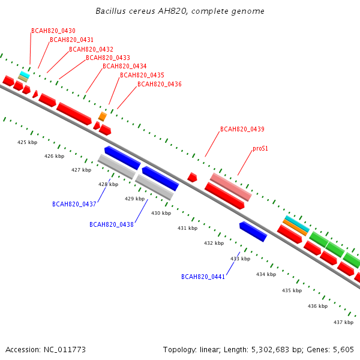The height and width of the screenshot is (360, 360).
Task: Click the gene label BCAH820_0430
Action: pyautogui.click(x=53, y=31)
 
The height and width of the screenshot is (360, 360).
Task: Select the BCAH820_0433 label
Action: pyautogui.click(x=108, y=58)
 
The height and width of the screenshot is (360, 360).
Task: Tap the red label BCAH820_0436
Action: pyautogui.click(x=160, y=84)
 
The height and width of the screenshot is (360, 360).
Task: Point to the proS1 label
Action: pyautogui.click(x=260, y=149)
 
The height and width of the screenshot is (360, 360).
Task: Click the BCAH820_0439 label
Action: pyautogui.click(x=242, y=129)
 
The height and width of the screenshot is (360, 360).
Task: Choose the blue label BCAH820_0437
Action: pyautogui.click(x=74, y=204)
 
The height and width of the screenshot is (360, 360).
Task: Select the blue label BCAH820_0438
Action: pyautogui.click(x=112, y=224)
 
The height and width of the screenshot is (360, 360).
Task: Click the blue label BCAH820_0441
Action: pyautogui.click(x=203, y=277)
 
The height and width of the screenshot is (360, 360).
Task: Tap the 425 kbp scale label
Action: pyautogui.click(x=28, y=142)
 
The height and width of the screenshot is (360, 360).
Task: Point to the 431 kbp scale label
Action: pyautogui.click(x=187, y=228)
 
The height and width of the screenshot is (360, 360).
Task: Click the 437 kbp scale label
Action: pyautogui.click(x=343, y=322)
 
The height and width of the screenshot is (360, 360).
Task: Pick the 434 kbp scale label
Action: pyautogui.click(x=266, y=274)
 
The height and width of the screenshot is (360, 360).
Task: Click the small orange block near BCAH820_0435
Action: pyautogui.click(x=103, y=116)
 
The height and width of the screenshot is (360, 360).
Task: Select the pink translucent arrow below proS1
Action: pyautogui.click(x=231, y=187)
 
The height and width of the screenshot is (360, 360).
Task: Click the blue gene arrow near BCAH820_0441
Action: pyautogui.click(x=253, y=232)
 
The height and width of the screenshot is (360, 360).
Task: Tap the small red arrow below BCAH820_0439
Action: pyautogui.click(x=192, y=178)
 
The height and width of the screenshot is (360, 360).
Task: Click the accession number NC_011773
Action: pyautogui.click(x=65, y=350)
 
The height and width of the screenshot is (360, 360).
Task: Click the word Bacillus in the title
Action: pyautogui.click(x=110, y=11)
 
